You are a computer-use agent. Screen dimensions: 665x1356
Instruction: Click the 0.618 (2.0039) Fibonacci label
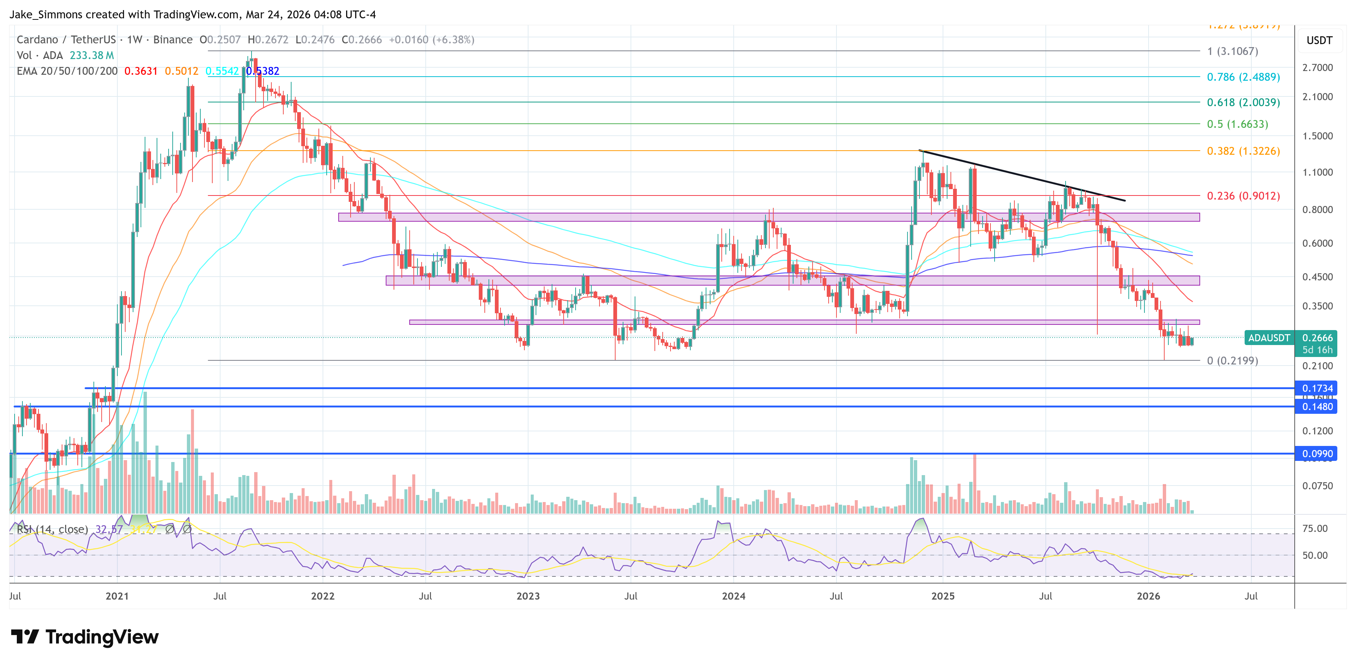(1243, 102)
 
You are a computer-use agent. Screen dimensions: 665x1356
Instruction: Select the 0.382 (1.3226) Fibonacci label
(1243, 151)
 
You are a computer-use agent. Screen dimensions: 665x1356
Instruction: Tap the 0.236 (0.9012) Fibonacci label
(1243, 196)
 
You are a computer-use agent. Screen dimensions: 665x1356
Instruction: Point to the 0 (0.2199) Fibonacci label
(1232, 361)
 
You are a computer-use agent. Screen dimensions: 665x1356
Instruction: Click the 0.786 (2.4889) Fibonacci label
(1243, 77)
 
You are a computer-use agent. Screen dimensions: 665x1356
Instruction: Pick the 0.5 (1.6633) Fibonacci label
(1237, 124)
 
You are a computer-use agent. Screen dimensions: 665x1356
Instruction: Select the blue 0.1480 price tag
(1317, 406)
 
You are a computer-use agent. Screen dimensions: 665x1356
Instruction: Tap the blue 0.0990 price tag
(1317, 454)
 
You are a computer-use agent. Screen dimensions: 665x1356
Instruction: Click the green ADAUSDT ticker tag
(1269, 338)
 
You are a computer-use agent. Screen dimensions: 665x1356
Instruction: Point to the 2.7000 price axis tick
(1317, 67)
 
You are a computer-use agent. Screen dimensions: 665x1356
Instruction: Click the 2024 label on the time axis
(733, 596)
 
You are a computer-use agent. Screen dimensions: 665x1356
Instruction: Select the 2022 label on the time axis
(322, 596)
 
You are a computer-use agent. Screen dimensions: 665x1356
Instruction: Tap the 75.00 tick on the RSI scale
(1315, 529)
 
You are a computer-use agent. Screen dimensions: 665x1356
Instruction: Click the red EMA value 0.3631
(141, 71)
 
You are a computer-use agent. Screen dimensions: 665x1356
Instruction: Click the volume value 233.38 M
(92, 55)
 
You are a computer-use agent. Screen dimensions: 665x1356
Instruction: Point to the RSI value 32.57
(108, 529)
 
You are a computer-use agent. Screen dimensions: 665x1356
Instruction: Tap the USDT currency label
(1319, 40)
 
